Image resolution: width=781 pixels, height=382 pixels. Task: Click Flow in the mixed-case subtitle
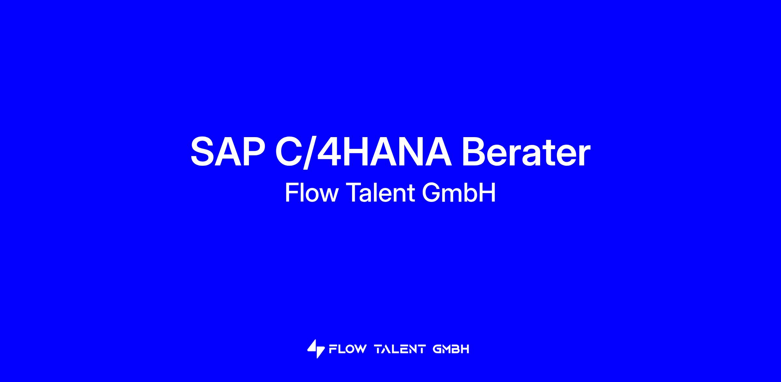coord(311,192)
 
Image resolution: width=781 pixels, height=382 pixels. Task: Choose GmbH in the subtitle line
coord(459,192)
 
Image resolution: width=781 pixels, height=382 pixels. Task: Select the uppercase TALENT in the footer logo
coord(400,349)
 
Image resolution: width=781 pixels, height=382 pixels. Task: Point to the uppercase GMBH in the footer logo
coord(451,349)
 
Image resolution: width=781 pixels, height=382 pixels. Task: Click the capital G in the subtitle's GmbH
coord(431,192)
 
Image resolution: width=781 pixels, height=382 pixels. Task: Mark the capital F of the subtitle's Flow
coord(292,192)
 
